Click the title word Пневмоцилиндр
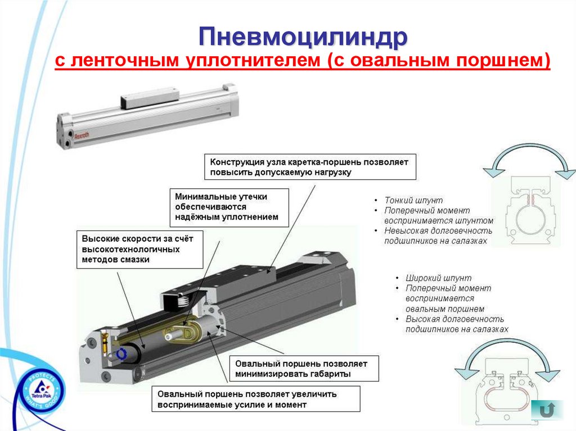pyautogui.click(x=303, y=37)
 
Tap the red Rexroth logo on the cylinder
pyautogui.click(x=82, y=135)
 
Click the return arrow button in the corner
pyautogui.click(x=547, y=410)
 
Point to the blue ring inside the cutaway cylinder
pyautogui.click(x=121, y=354)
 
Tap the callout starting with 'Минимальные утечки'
pyautogui.click(x=229, y=207)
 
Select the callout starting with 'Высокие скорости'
pyautogui.click(x=139, y=249)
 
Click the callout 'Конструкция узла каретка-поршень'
pyautogui.click(x=310, y=167)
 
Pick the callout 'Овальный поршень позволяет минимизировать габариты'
pyautogui.click(x=304, y=369)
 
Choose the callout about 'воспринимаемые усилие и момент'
pyautogui.click(x=256, y=399)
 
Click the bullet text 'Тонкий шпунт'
pyautogui.click(x=413, y=201)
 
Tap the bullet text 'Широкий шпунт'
pyautogui.click(x=438, y=278)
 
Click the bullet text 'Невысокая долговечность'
pyautogui.click(x=438, y=231)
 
